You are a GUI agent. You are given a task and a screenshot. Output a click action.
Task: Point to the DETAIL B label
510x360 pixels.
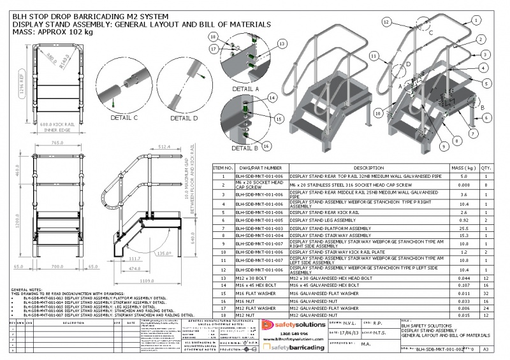pyautogui.click(x=244, y=148)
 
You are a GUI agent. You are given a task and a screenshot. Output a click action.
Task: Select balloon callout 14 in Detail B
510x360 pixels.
pyautogui.click(x=272, y=98)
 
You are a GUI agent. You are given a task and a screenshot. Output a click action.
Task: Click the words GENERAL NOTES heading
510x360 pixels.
pyautogui.click(x=25, y=290)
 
